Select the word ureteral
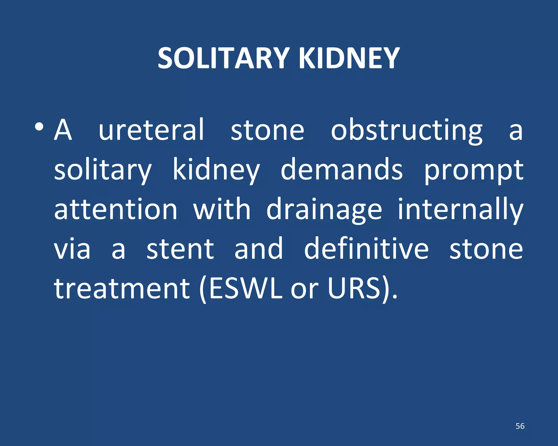click(x=151, y=130)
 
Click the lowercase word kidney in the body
click(x=216, y=170)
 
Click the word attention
click(x=116, y=209)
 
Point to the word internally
click(x=460, y=209)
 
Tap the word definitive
click(x=366, y=248)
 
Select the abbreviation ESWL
click(x=245, y=288)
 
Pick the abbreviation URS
click(x=354, y=288)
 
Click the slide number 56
click(x=520, y=426)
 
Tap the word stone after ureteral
click(x=267, y=130)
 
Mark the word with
click(x=222, y=209)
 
